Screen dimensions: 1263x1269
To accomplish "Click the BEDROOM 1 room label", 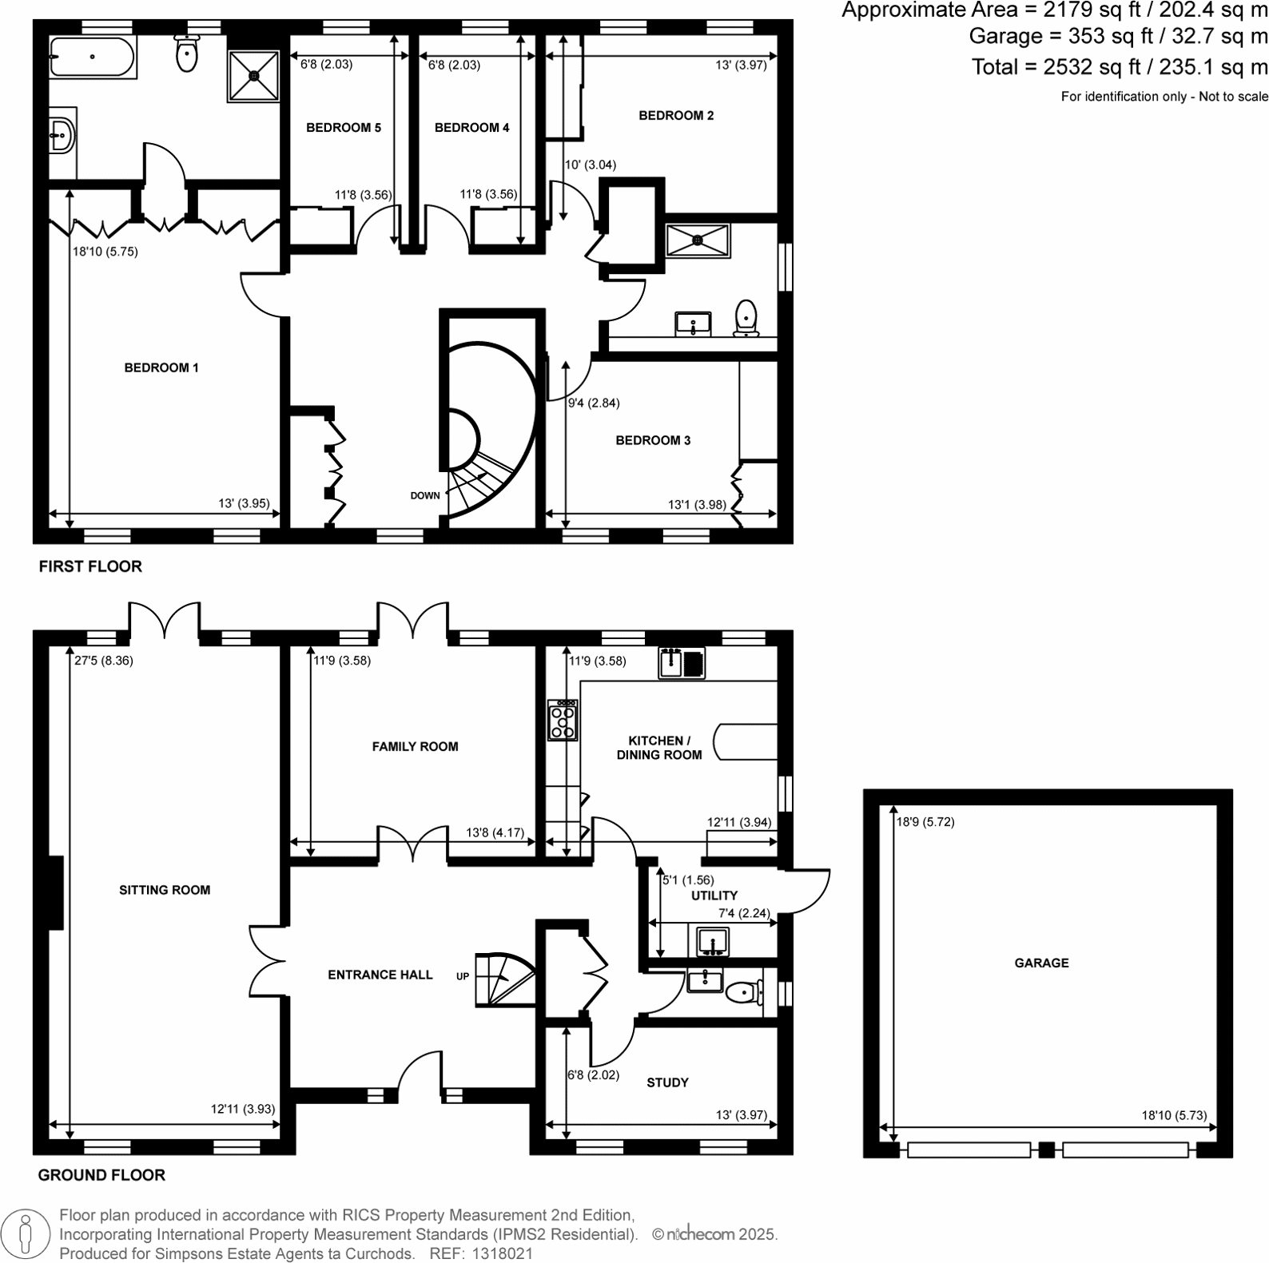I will click(x=161, y=367).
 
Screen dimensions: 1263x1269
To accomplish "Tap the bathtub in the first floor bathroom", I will click(x=92, y=57).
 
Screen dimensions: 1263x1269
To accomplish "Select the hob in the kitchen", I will click(x=563, y=720).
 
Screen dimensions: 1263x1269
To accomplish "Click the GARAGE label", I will click(x=1041, y=963).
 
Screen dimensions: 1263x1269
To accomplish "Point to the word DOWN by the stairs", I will click(x=425, y=495).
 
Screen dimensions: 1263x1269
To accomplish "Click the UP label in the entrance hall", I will click(x=463, y=976).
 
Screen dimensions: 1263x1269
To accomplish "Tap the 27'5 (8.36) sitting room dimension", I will click(x=104, y=661).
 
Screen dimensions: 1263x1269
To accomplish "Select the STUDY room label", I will click(x=667, y=1082).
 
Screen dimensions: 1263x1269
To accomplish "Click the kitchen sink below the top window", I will click(x=682, y=663).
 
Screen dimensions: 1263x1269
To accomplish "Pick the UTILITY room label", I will click(x=714, y=896).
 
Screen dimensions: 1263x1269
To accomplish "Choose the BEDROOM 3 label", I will click(x=653, y=440).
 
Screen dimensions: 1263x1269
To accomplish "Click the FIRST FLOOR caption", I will click(x=90, y=566).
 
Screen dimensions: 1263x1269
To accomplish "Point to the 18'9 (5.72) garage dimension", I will click(x=925, y=821).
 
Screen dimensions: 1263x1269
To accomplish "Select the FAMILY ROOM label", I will click(x=415, y=746).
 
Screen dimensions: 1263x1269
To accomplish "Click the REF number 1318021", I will click(x=503, y=1253).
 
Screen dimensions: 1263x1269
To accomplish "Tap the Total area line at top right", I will click(x=1119, y=67).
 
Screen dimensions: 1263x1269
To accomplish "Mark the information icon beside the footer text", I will click(x=26, y=1234).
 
